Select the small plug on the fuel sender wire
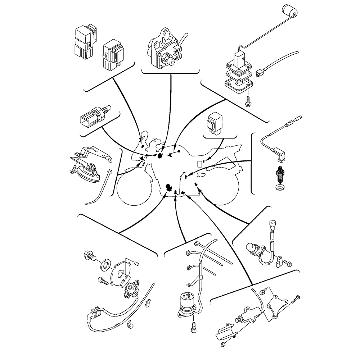point(257,74)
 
